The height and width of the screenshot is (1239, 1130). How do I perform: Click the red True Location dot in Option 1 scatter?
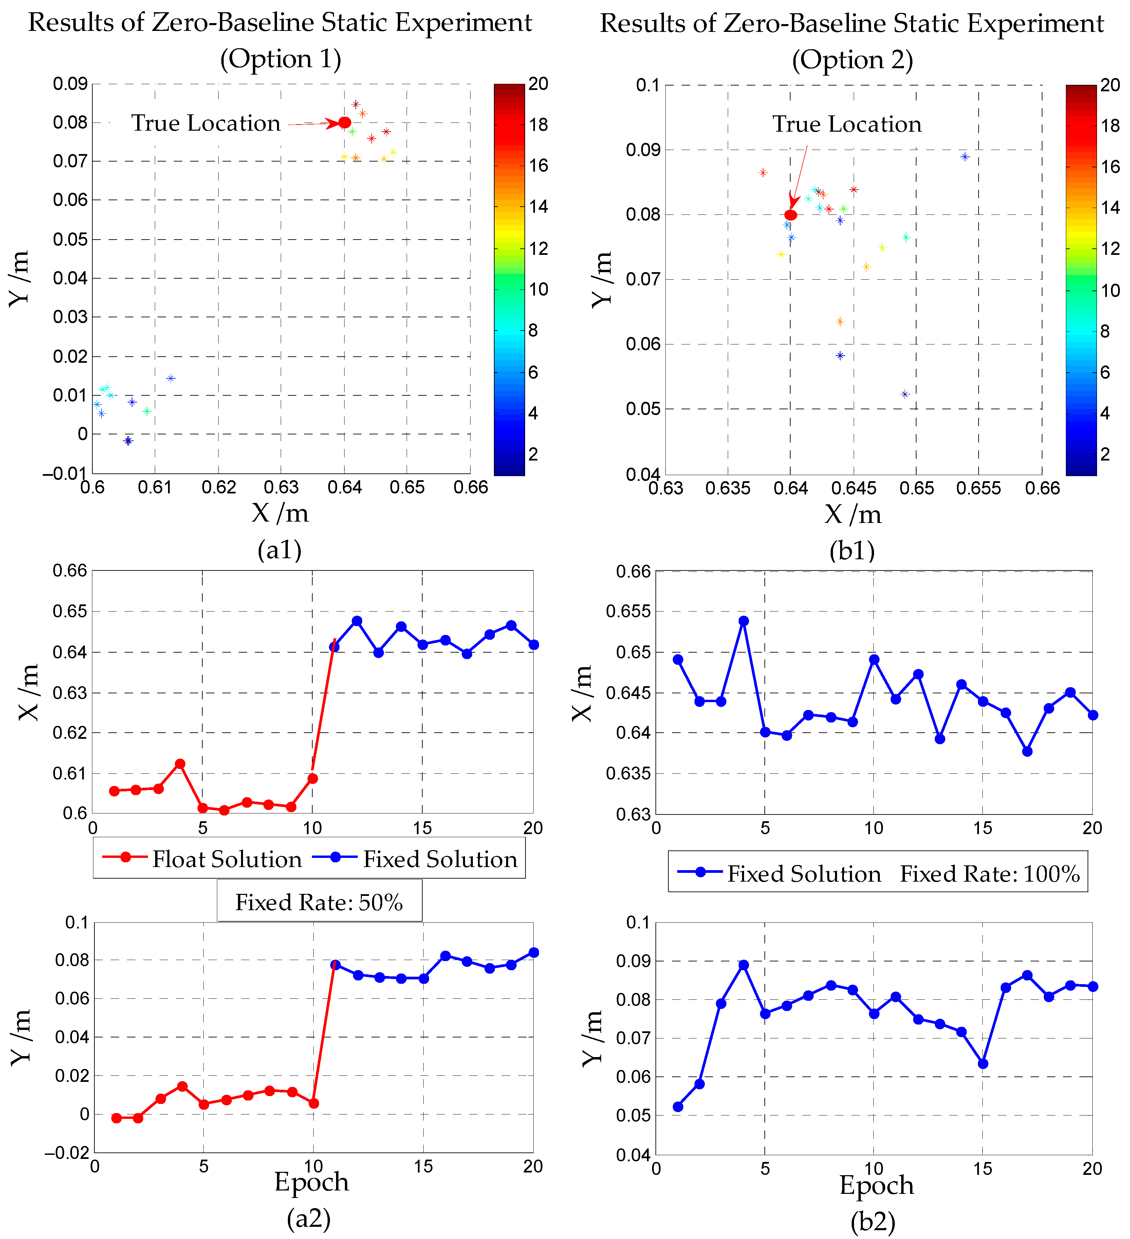[x=345, y=122]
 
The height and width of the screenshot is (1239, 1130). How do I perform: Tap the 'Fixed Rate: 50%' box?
[x=319, y=902]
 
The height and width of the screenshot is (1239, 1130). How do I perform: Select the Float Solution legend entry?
[x=203, y=859]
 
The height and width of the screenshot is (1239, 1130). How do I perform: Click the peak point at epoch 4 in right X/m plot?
[x=743, y=621]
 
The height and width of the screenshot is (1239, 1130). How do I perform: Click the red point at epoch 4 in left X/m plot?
[x=180, y=764]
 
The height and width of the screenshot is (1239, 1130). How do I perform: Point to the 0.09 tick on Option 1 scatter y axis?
[x=70, y=83]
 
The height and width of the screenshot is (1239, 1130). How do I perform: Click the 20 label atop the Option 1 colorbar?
[x=539, y=83]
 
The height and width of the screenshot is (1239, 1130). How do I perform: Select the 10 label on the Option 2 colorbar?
[x=1110, y=290]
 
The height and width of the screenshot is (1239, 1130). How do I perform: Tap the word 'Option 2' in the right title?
[x=852, y=60]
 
